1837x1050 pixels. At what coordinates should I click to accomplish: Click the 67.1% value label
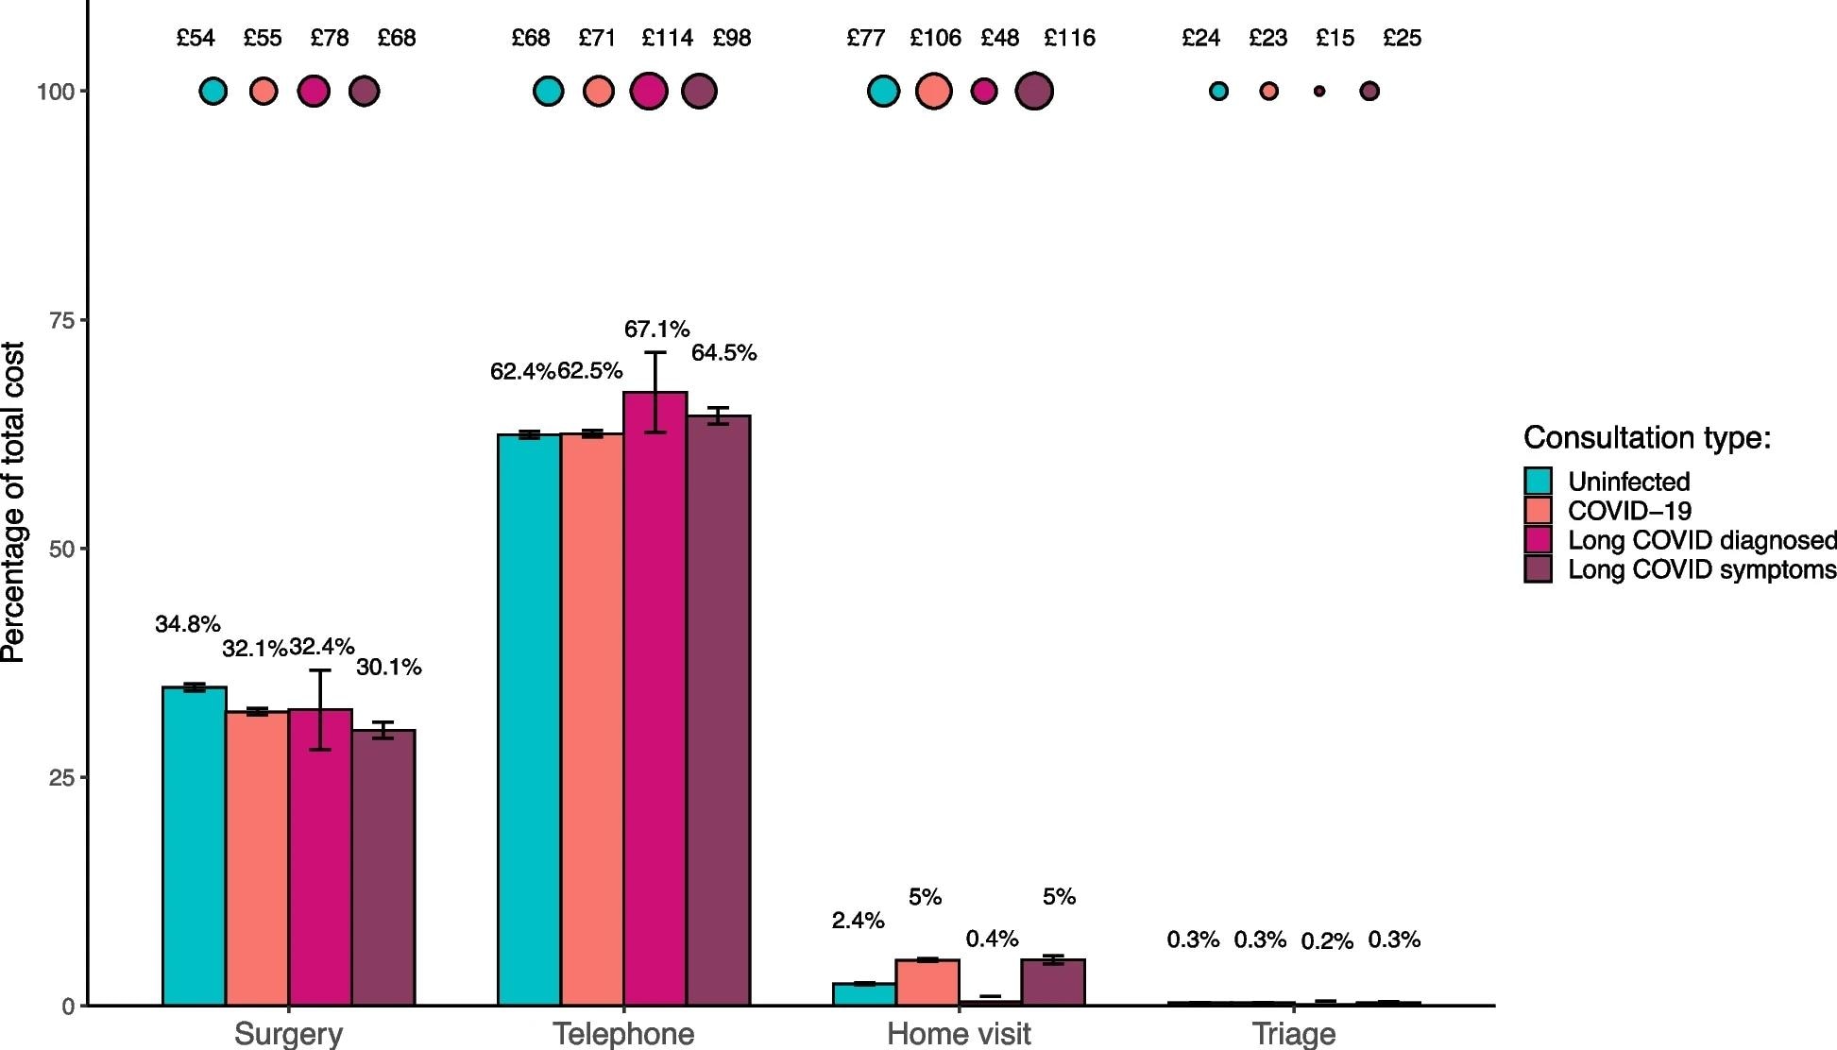(x=656, y=329)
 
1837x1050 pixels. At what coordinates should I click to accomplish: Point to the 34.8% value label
(x=187, y=624)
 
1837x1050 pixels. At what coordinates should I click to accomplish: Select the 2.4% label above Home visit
(x=858, y=920)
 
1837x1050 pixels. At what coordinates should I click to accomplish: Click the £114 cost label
(x=667, y=38)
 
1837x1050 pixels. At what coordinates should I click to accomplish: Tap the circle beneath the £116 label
(x=1034, y=92)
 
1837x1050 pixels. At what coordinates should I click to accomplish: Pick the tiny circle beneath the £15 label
(x=1319, y=92)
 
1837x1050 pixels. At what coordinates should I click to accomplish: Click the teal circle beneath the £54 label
(x=213, y=92)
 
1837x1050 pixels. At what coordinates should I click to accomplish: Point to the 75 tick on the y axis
(x=61, y=320)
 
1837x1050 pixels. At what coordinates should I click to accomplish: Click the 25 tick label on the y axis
(x=61, y=778)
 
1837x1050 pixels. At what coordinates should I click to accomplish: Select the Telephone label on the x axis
(x=623, y=1033)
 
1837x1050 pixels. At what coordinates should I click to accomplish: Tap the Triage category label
(x=1293, y=1033)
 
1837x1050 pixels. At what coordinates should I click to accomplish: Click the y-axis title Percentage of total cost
(x=13, y=502)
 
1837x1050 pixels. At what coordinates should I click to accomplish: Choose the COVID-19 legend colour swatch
(x=1538, y=510)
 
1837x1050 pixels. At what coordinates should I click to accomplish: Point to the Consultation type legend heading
(x=1646, y=438)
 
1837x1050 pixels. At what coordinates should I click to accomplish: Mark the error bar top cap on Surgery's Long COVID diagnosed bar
(x=320, y=670)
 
